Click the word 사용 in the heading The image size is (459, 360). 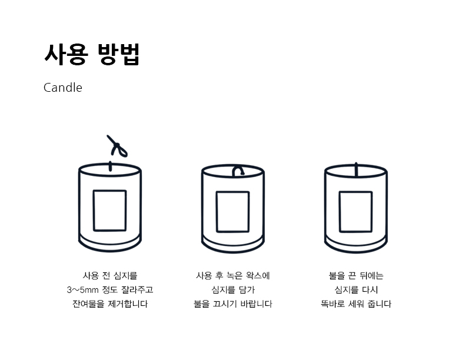pos(66,55)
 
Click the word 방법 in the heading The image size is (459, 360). pos(118,55)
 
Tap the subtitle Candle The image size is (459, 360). pos(63,88)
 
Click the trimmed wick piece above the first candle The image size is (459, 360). pos(117,145)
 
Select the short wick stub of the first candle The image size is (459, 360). pos(110,166)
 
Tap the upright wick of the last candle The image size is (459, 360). pos(356,169)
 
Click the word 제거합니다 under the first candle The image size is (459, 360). pos(128,304)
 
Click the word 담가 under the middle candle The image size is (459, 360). pos(247,290)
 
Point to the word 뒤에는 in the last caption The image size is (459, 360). pos(371,276)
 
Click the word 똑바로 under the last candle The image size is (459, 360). pos(332,304)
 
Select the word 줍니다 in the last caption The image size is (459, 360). pos(380,304)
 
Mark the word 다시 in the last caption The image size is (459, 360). pos(370,290)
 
